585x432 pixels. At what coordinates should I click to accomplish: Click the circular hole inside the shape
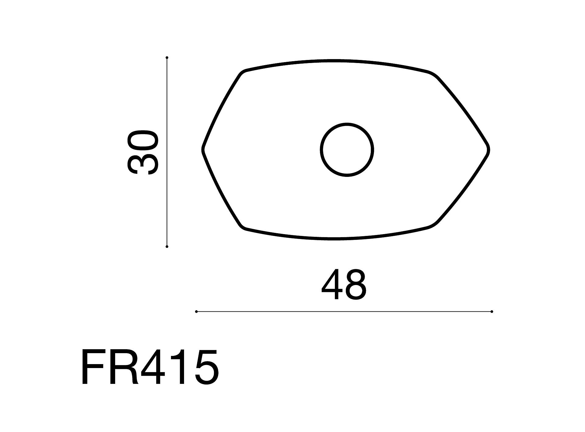pos(347,149)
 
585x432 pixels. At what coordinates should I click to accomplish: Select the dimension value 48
pos(344,285)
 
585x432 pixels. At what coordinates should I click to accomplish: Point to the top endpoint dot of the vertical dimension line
pos(167,58)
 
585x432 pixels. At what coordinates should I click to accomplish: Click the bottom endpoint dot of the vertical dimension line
pos(167,247)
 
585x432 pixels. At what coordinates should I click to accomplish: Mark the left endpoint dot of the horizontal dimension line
pos(197,311)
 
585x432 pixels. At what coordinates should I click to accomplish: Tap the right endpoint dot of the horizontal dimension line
pos(492,311)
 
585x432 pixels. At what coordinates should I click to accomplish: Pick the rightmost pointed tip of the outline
pos(488,149)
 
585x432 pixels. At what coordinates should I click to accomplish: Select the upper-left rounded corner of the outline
pos(243,73)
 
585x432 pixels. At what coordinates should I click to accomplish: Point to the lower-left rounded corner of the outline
pos(243,226)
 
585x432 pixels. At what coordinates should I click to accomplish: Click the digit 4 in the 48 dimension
pos(332,285)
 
